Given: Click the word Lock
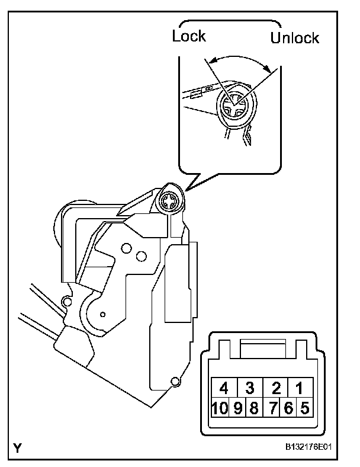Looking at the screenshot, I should point(189,36).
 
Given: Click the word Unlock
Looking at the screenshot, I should point(294,38).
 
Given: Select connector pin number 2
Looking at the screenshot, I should point(276,388).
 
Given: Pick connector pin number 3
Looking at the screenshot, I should point(250,388).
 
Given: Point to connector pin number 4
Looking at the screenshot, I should point(224,388).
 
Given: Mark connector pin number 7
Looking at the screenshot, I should point(276,408).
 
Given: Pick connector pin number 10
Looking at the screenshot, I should point(223,408).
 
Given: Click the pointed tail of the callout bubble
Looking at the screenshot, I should point(188,186).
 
